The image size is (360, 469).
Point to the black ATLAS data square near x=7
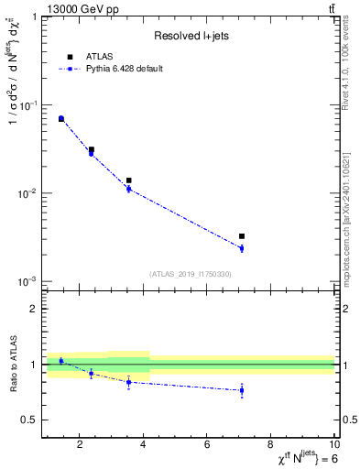242,236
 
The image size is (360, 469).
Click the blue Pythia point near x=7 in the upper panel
242,248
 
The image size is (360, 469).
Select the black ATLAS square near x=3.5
128,180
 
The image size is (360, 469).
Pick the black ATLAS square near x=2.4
92,149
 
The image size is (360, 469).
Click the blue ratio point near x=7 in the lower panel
242,390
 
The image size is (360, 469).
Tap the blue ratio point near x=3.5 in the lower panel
128,382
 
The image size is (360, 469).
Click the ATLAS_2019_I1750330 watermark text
190,274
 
